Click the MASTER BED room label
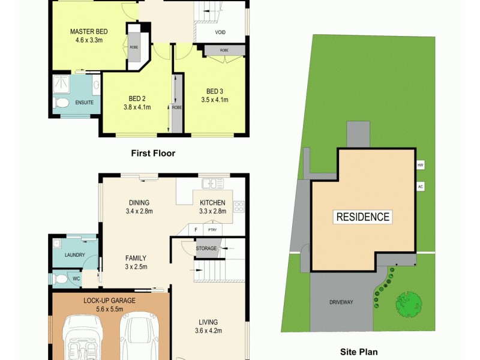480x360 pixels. (x=89, y=31)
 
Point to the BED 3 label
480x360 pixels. (x=215, y=91)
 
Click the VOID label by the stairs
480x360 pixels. (x=220, y=32)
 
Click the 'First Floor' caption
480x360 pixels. (x=153, y=154)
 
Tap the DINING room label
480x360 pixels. (x=139, y=203)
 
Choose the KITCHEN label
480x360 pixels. (x=212, y=203)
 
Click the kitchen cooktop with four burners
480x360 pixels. (x=238, y=207)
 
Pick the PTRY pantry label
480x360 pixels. (x=212, y=230)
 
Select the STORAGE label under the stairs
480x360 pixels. (x=206, y=248)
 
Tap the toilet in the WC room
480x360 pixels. (x=60, y=278)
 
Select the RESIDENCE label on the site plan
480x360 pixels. (x=362, y=217)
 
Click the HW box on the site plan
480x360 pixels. (x=420, y=164)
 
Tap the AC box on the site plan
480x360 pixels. (x=420, y=187)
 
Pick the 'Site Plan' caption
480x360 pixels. (x=359, y=352)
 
